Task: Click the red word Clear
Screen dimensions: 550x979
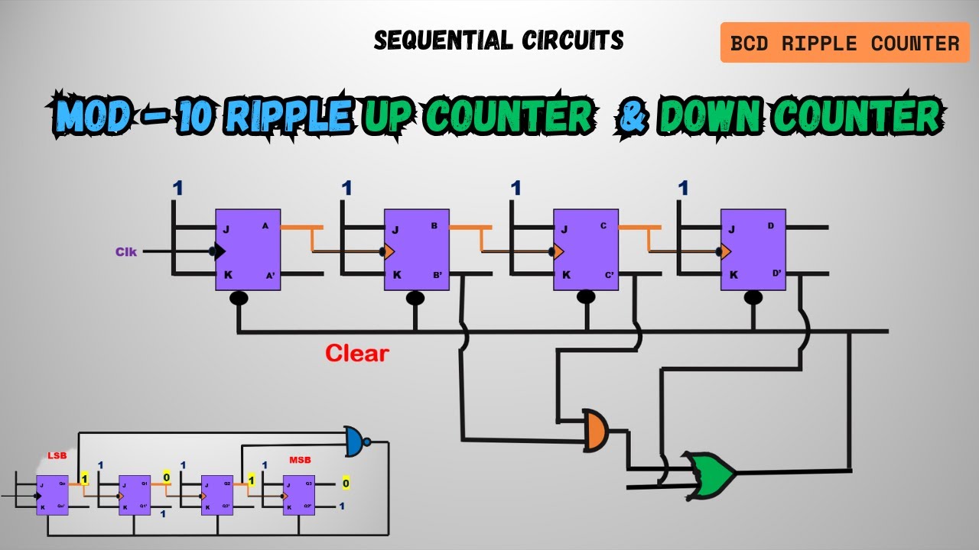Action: pos(357,353)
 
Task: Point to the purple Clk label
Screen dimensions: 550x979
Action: pos(126,251)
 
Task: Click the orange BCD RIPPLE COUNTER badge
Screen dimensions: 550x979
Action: pos(844,43)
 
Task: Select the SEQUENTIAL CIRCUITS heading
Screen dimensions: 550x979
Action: pos(499,40)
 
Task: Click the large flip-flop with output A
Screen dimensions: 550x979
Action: pos(247,250)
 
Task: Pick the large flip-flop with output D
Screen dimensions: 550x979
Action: pos(753,250)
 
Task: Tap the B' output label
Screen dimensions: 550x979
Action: pos(437,275)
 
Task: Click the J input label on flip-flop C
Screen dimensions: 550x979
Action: pos(564,229)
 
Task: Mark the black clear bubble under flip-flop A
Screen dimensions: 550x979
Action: pos(239,299)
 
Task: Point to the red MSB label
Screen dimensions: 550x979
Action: pos(299,460)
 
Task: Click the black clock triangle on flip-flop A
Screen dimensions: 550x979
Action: pos(220,251)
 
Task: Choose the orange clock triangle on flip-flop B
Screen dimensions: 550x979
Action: pos(389,251)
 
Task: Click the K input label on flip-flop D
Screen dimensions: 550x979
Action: pos(733,275)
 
